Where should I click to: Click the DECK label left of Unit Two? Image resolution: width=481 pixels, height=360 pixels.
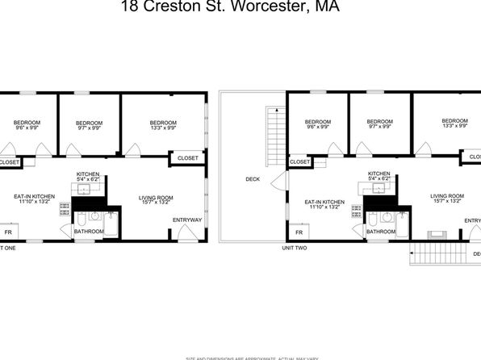253,179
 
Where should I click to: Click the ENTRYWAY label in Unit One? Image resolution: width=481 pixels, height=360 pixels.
187,218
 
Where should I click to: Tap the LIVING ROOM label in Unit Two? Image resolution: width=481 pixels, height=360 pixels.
446,199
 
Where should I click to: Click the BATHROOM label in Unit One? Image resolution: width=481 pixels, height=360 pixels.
89,232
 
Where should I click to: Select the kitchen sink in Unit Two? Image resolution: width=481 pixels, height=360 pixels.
377,188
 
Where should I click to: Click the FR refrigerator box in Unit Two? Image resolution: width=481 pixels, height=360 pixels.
299,233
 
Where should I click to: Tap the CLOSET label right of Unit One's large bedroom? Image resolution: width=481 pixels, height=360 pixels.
187,158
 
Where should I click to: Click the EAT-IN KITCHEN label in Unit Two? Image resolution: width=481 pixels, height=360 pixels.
324,205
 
